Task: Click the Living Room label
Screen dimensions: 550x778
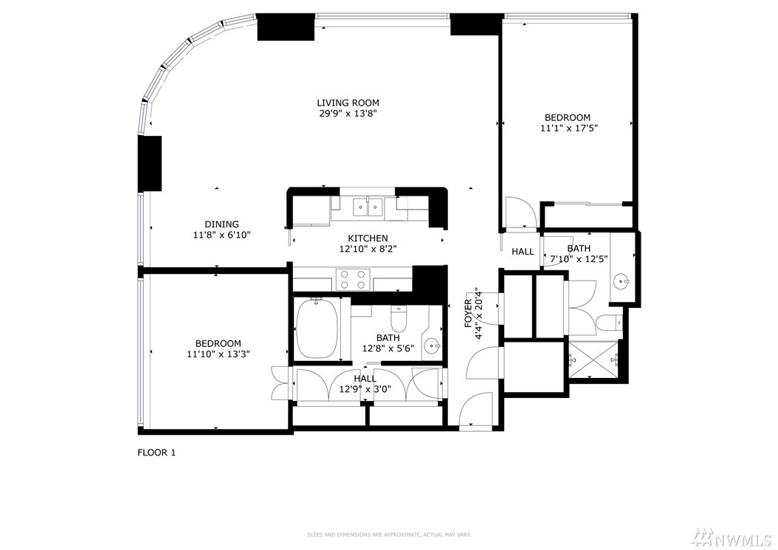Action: tap(348, 103)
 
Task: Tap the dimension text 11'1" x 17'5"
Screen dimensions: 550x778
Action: tap(568, 128)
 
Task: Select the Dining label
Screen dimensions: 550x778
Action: tap(221, 224)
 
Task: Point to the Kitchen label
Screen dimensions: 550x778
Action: tap(368, 238)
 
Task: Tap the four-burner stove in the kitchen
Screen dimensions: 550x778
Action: tap(353, 279)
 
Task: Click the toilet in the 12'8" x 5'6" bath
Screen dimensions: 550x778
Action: tap(399, 320)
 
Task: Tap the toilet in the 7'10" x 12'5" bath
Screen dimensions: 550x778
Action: tap(608, 323)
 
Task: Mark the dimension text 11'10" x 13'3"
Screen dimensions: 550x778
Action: tap(218, 354)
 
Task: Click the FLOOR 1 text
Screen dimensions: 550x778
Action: tap(156, 453)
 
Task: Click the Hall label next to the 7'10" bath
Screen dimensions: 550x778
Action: tap(523, 252)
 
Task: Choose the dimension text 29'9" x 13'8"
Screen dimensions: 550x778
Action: tap(348, 114)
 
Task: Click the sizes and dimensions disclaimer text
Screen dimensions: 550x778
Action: tap(389, 534)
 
